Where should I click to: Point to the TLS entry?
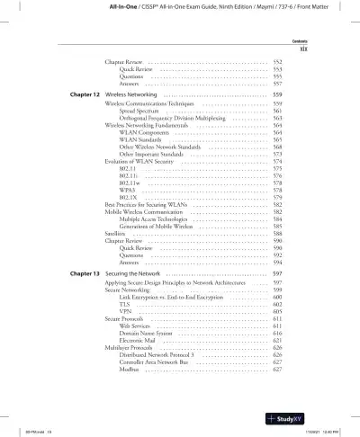pyautogui.click(x=124, y=304)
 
